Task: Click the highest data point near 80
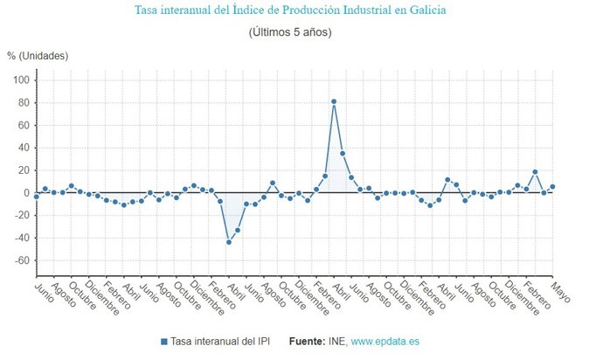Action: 334,101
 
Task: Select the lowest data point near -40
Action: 229,242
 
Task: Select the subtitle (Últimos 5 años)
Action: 289,32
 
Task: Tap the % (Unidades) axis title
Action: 38,56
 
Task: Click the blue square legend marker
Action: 164,341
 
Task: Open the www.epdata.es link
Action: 385,341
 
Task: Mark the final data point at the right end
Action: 552,187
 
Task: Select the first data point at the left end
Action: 36,197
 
